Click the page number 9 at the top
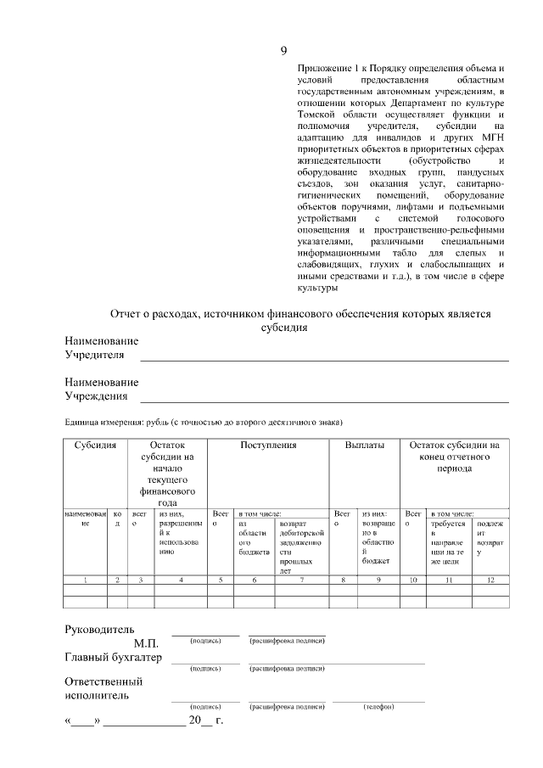click(x=283, y=50)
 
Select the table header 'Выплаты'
click(x=365, y=445)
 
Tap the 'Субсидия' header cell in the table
click(x=94, y=445)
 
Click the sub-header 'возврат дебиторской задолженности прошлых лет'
click(x=297, y=542)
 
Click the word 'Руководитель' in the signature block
click(x=99, y=631)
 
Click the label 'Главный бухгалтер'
click(x=112, y=658)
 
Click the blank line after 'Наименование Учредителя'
click(x=323, y=360)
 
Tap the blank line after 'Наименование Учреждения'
click(x=323, y=401)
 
